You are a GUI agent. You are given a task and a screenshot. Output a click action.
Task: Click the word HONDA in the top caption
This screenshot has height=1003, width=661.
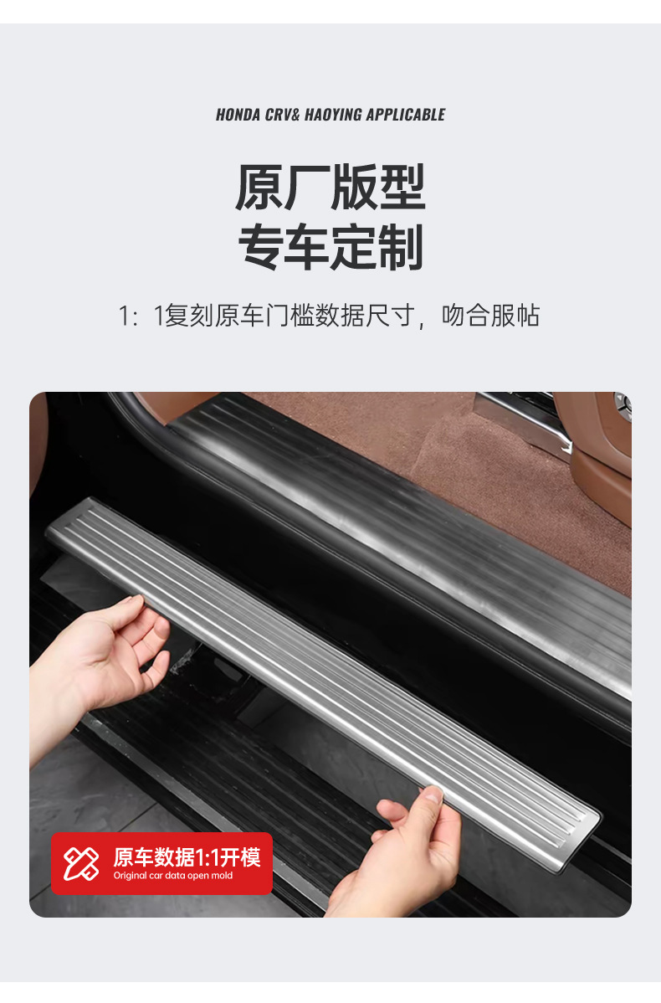coord(238,116)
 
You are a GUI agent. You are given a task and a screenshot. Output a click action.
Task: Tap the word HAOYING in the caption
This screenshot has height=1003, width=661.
coord(333,116)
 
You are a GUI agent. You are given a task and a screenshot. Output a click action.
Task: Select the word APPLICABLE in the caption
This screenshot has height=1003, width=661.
coord(406,116)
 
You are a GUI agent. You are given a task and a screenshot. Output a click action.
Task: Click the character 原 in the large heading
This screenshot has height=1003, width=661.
coord(259,188)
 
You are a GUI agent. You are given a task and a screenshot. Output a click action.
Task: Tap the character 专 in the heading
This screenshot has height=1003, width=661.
coord(261,247)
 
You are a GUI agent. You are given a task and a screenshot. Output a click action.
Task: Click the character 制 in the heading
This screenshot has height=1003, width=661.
coord(400,247)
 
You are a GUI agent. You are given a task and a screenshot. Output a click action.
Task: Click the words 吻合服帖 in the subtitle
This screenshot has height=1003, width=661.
coord(491,316)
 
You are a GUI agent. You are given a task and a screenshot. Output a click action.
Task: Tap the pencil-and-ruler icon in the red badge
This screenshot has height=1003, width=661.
coord(81,863)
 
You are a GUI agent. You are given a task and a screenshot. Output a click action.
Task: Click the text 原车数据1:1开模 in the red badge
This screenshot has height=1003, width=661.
coord(187,857)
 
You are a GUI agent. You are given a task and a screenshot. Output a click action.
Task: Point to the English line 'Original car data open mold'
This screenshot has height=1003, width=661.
coord(173,876)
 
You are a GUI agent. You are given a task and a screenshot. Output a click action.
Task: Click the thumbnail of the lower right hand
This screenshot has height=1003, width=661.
coord(434,795)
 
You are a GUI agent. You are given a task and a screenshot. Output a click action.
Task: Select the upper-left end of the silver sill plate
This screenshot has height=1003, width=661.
coord(64,526)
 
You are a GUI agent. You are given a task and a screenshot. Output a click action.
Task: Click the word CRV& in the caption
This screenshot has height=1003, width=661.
coord(282,116)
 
